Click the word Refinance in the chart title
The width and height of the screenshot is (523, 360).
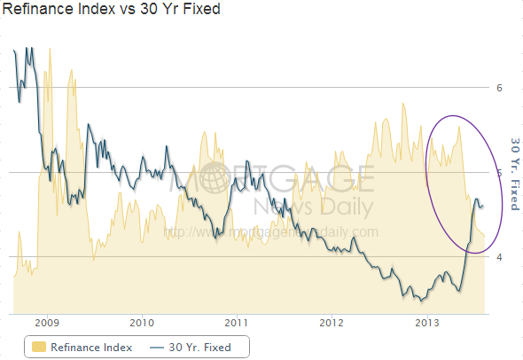click(35, 11)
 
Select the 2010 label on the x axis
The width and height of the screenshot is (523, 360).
click(142, 321)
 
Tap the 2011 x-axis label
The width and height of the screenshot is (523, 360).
click(237, 321)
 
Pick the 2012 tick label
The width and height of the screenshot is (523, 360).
click(332, 321)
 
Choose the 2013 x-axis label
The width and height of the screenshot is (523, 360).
click(427, 321)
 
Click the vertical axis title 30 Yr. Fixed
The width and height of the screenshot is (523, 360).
click(514, 173)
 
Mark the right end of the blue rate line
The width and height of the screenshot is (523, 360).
click(483, 205)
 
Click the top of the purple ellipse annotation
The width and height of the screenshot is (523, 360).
click(455, 116)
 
